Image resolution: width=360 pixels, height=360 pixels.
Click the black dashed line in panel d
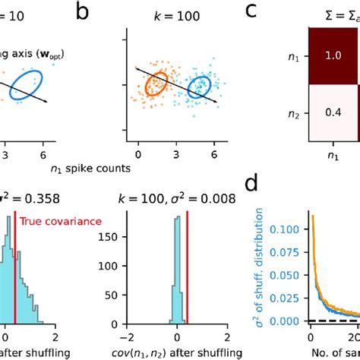(334, 322)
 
